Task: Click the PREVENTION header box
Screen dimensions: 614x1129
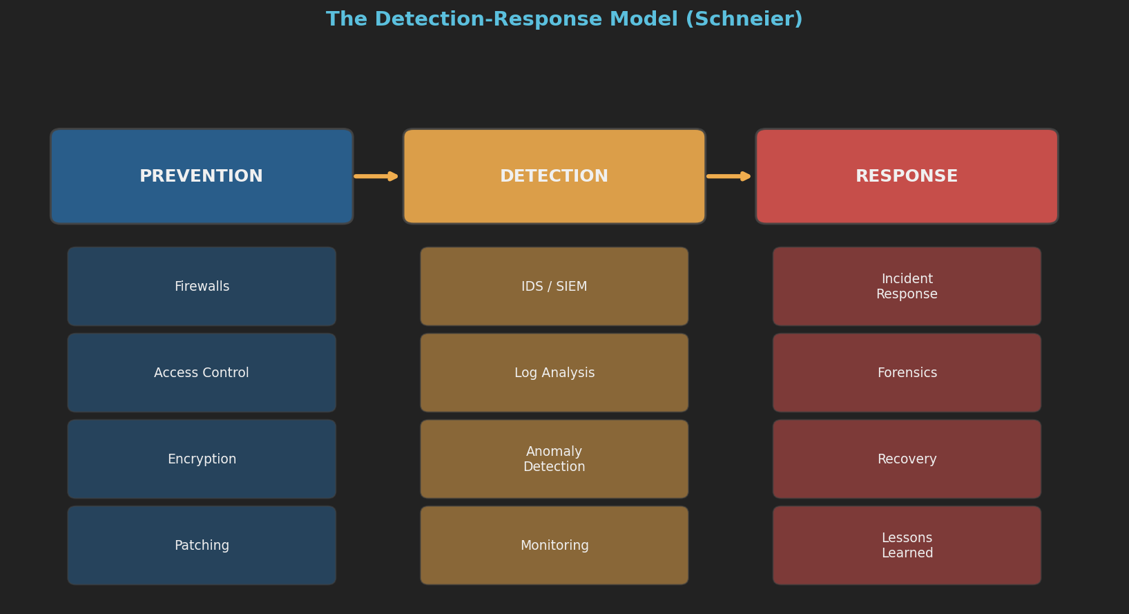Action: (x=202, y=176)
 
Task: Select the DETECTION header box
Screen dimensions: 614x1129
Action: (x=554, y=176)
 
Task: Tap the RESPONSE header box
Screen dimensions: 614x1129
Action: (x=907, y=176)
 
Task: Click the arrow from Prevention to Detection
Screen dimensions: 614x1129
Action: (x=376, y=176)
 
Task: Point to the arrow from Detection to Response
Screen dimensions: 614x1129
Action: (x=729, y=176)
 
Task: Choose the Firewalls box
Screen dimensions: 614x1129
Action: (x=202, y=287)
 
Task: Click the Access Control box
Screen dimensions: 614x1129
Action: (x=202, y=373)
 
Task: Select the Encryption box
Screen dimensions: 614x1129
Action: (x=202, y=459)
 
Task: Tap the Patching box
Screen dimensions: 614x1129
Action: (x=202, y=546)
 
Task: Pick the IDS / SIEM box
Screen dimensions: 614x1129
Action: (x=554, y=287)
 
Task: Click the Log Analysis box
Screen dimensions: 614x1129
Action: (x=554, y=373)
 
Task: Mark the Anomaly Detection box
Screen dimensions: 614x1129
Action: (x=554, y=459)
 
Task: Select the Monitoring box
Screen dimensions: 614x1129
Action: (x=554, y=546)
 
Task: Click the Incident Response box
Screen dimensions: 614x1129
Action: (x=907, y=287)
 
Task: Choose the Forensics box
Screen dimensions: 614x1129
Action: (x=907, y=373)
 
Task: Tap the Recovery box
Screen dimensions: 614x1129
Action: (x=907, y=459)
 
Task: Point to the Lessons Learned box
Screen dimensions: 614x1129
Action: (x=907, y=546)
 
